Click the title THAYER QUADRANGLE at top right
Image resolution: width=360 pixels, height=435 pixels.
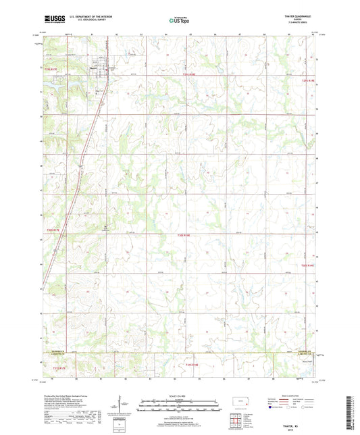[297, 17]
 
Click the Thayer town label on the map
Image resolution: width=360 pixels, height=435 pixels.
[93, 66]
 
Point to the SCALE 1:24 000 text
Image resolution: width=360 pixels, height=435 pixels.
[180, 396]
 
